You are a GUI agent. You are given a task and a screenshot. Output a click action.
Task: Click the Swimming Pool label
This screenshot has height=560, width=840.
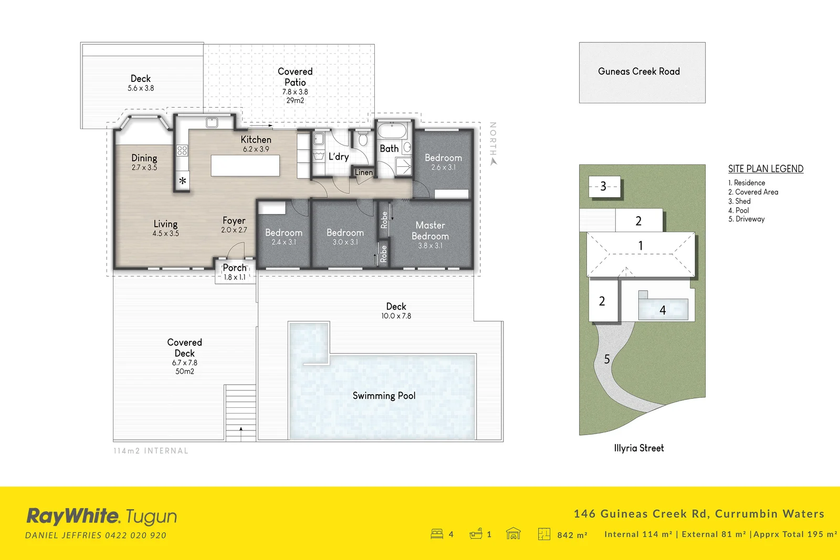(x=384, y=396)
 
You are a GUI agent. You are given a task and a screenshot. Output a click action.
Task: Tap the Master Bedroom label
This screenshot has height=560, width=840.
(x=430, y=231)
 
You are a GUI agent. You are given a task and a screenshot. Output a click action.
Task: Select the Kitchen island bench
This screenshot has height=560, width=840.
(x=245, y=165)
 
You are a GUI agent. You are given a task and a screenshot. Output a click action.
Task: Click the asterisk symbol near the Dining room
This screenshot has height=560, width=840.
(x=183, y=181)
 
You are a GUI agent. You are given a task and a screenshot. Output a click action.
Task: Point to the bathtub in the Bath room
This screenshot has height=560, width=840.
(x=392, y=131)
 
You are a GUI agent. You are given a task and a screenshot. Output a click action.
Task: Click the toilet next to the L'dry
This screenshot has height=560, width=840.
(x=363, y=140)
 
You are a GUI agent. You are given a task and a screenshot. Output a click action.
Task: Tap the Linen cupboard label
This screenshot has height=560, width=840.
(x=363, y=172)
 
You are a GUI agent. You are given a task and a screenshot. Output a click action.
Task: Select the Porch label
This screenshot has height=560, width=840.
(x=234, y=268)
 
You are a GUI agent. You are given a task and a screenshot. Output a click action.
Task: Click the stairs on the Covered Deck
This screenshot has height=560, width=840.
(x=240, y=412)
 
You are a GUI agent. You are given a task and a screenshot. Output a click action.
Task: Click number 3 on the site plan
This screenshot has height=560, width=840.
(x=603, y=186)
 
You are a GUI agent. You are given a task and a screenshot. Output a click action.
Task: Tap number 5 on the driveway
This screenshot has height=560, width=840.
(x=607, y=359)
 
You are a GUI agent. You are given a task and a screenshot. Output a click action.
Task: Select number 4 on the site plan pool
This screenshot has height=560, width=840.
(x=663, y=310)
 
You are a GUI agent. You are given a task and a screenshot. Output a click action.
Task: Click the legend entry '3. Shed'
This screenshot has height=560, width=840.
(x=739, y=201)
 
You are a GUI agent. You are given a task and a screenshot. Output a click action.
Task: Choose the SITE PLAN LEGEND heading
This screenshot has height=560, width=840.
(x=765, y=168)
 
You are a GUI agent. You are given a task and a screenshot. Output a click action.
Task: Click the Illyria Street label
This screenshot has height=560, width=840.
(x=638, y=448)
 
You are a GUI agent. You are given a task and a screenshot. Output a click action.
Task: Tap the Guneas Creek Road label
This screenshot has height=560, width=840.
(x=638, y=71)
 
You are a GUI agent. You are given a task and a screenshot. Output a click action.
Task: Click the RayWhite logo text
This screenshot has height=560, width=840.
(x=73, y=516)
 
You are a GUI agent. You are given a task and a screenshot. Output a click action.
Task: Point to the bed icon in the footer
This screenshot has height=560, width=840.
(x=437, y=534)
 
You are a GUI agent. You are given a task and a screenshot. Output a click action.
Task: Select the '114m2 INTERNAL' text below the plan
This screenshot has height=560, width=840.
(x=151, y=451)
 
